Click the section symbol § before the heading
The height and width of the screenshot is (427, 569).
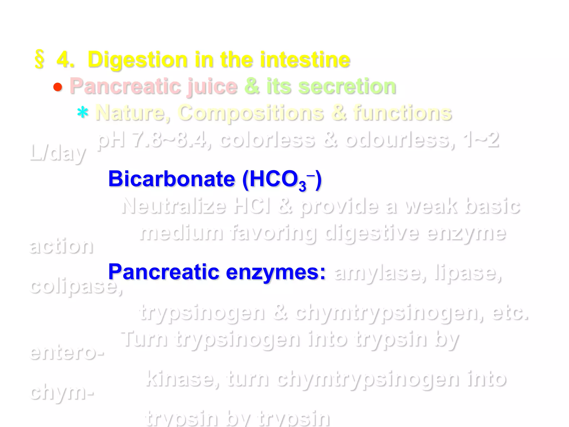point(39,59)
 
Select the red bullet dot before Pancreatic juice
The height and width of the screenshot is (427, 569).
point(58,87)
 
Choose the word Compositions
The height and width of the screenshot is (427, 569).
point(251,113)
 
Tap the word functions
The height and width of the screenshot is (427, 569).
point(403,113)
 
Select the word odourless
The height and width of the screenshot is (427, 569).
point(400,140)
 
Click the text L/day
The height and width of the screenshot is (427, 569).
point(58,153)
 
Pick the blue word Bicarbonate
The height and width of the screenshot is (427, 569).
point(171,179)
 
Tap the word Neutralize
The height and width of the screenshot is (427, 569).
point(174,206)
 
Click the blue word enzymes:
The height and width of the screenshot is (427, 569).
point(275,272)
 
